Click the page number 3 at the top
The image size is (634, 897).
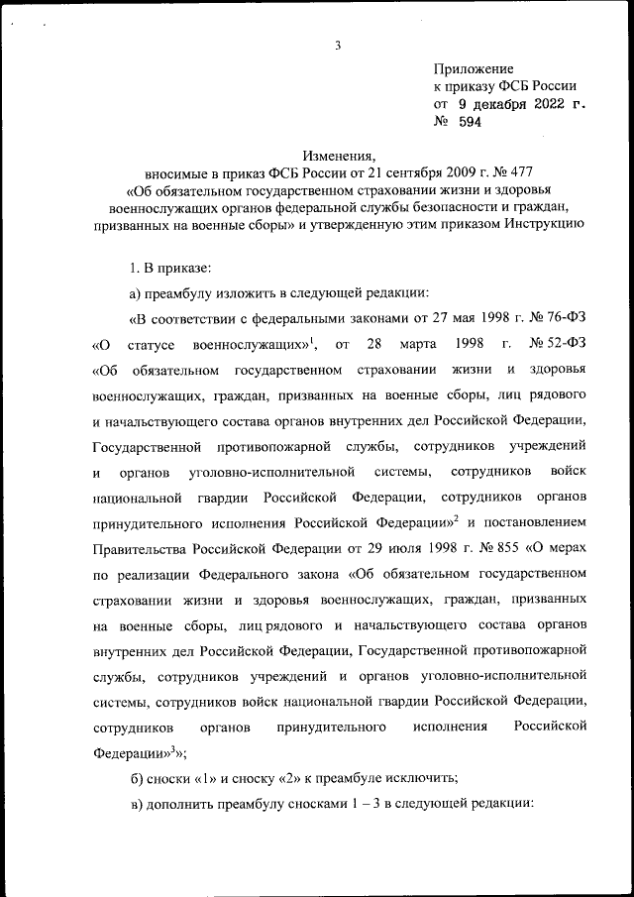[338, 44]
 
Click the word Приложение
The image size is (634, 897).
[474, 68]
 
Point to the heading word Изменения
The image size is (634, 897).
[338, 156]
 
